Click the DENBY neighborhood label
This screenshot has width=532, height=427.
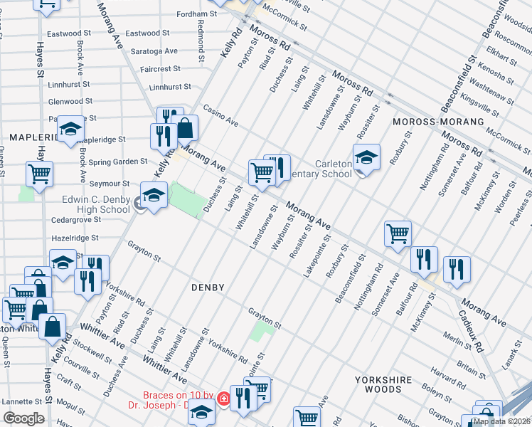pos(208,288)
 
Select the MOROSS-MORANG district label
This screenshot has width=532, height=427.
pos(438,122)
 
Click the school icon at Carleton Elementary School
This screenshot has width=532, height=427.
pos(366,158)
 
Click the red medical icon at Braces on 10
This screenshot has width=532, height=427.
pos(223,399)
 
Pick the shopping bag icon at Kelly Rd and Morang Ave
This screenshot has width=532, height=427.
pos(185,129)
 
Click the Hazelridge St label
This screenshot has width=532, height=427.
pos(75,238)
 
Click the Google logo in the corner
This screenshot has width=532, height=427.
pos(24,418)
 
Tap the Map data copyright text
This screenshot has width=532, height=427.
pos(501,421)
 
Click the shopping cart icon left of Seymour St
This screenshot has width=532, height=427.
pos(39,174)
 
